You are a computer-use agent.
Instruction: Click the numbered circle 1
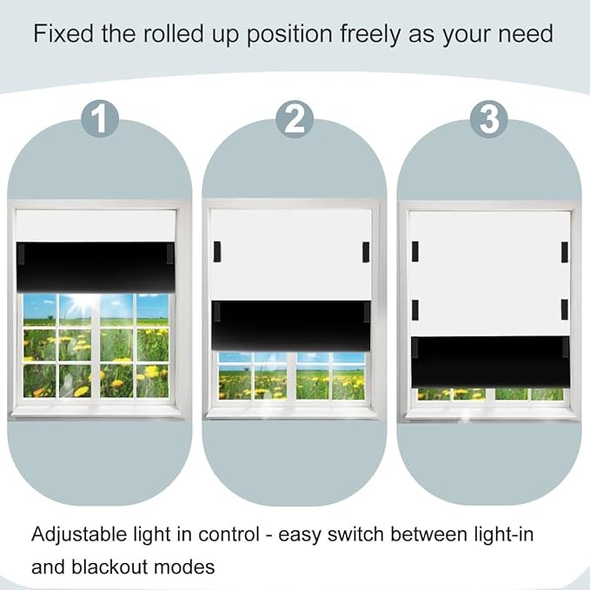point(100,118)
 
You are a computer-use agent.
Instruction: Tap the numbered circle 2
point(295,119)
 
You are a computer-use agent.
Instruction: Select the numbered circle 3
point(489,119)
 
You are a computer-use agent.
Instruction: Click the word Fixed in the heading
point(63,34)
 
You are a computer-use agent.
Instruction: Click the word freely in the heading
point(371,35)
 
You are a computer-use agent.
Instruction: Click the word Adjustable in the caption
point(79,534)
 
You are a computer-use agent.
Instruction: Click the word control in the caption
point(229,534)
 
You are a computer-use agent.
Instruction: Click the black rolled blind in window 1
point(96,267)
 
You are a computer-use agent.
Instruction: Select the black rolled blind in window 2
point(291,326)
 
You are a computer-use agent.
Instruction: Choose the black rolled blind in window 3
point(490,362)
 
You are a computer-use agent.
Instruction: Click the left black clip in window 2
point(217,252)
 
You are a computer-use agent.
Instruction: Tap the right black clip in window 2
point(366,252)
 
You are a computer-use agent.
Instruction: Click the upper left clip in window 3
point(415,252)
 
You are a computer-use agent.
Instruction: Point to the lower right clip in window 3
point(565,309)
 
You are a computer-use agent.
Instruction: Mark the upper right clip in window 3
point(565,252)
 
